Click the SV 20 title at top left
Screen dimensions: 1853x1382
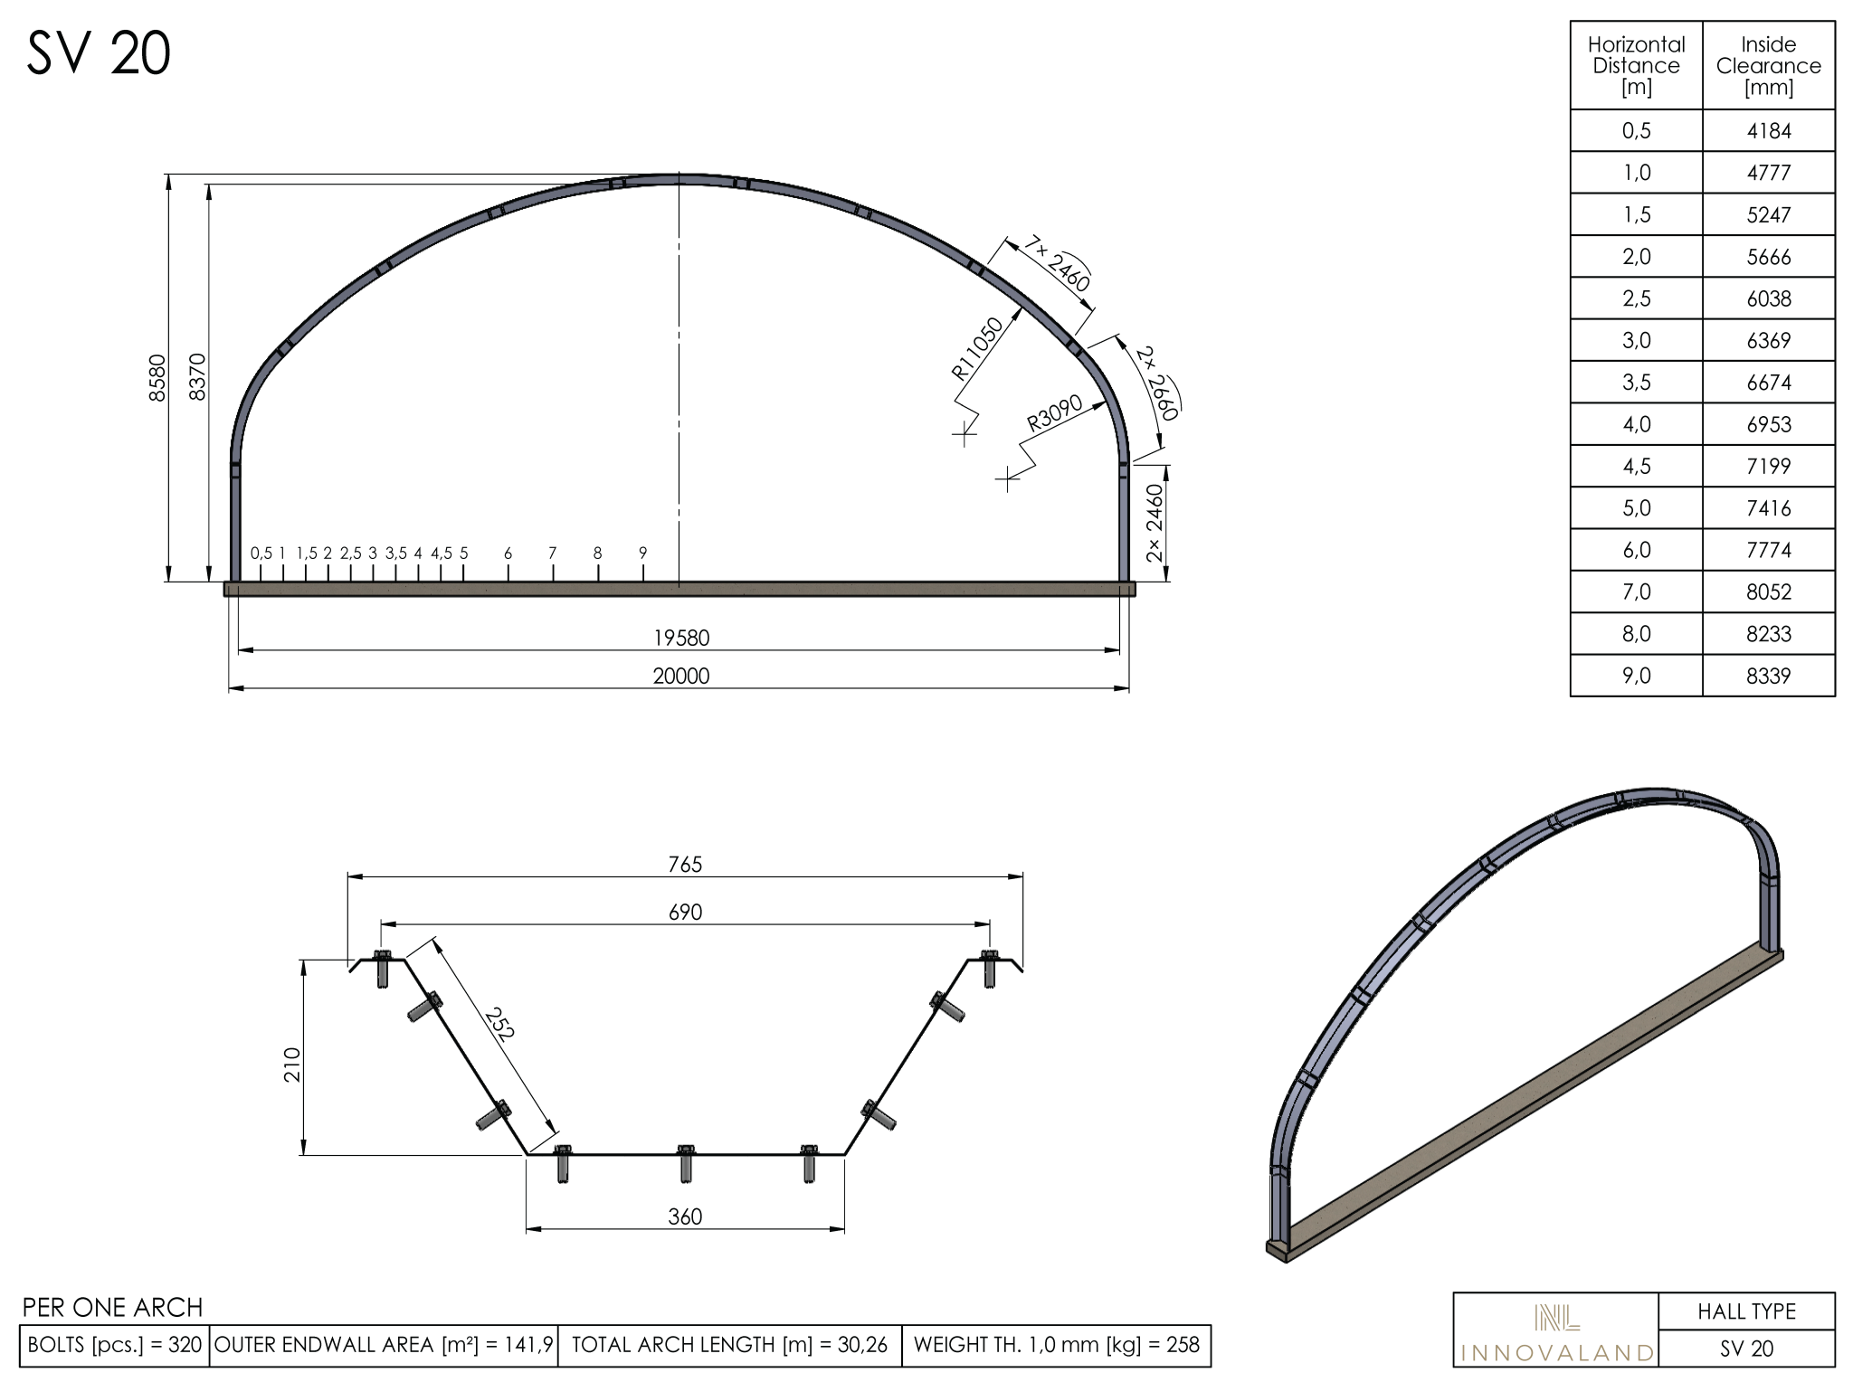click(99, 53)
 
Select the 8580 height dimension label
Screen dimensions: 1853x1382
click(157, 378)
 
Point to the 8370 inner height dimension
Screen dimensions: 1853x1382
click(198, 377)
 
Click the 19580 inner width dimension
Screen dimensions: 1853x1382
click(681, 638)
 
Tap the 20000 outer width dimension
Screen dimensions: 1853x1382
click(681, 677)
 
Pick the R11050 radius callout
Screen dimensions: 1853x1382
click(978, 348)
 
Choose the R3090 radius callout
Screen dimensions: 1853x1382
click(1055, 414)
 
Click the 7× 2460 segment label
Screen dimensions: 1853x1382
click(1058, 262)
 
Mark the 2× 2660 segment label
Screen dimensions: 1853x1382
click(1159, 382)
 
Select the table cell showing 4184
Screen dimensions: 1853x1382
click(1769, 131)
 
